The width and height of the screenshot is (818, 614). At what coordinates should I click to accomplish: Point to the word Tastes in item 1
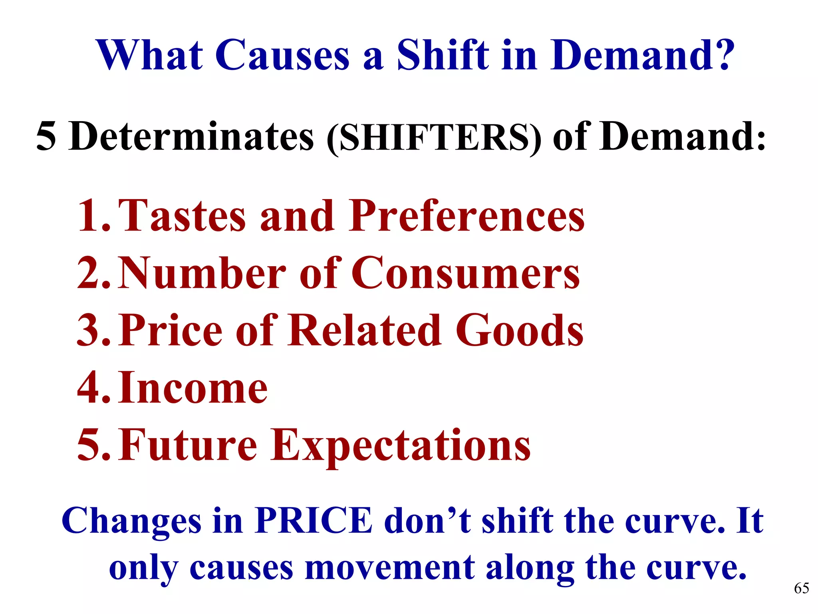pyautogui.click(x=182, y=216)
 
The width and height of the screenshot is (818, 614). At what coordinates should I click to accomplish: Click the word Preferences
pyautogui.click(x=466, y=216)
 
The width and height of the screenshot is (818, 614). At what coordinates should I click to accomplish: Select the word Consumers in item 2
pyautogui.click(x=465, y=273)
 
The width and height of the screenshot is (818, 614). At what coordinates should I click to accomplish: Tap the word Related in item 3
pyautogui.click(x=365, y=331)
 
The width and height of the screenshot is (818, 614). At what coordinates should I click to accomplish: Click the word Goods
pyautogui.click(x=520, y=331)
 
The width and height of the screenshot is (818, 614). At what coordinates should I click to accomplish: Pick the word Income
pyautogui.click(x=193, y=388)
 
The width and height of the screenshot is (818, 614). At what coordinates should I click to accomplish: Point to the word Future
pyautogui.click(x=188, y=445)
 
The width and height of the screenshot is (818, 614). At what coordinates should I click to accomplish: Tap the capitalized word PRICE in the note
pyautogui.click(x=314, y=521)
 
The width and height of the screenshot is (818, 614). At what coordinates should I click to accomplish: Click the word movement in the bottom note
pyautogui.click(x=390, y=568)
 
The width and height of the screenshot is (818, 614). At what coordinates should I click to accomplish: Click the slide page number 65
pyautogui.click(x=801, y=588)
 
